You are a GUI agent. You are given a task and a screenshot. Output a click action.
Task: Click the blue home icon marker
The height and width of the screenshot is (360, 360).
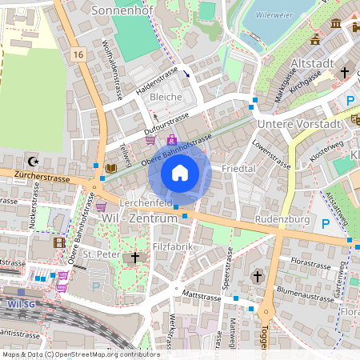[x=180, y=173]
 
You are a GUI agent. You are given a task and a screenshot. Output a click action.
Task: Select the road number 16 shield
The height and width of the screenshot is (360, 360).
[x=77, y=54]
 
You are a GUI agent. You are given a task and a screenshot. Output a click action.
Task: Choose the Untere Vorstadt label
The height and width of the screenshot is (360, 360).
[x=298, y=125]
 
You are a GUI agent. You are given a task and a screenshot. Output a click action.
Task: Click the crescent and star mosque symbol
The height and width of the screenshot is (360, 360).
[x=34, y=159]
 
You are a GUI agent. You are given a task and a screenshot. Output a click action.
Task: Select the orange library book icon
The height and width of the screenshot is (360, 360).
[x=110, y=168]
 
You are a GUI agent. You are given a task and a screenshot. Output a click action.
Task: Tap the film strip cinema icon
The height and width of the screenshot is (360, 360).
[x=58, y=242]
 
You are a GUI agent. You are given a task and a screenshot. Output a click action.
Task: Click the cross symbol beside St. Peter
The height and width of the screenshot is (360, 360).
[x=135, y=258]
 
